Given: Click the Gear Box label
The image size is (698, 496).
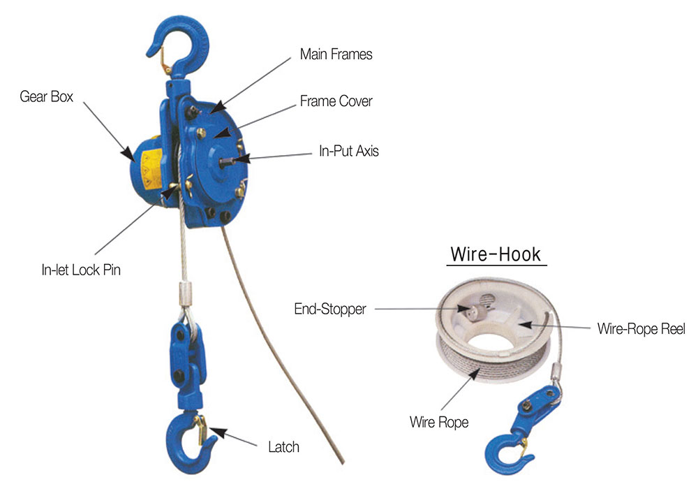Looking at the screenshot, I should [x=46, y=96].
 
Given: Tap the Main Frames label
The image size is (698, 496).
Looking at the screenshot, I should [x=336, y=54].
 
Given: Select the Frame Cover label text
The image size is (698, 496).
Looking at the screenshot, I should [x=336, y=101].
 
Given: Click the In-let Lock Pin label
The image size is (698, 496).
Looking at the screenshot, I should [x=81, y=269].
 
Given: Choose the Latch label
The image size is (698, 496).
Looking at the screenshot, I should [x=283, y=447].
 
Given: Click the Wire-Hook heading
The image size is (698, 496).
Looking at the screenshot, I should [x=496, y=254].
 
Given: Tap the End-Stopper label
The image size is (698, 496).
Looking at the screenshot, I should [x=331, y=309].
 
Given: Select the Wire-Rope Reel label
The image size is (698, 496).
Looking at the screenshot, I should [x=641, y=328].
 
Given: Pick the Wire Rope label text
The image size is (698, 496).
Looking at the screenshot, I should [x=439, y=422].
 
